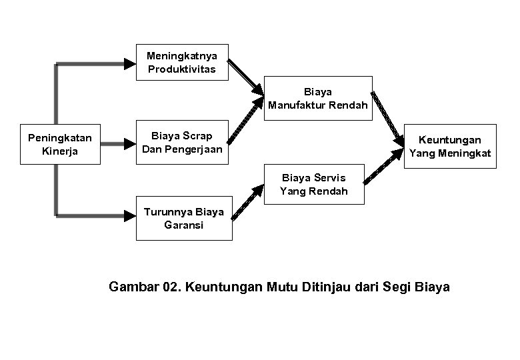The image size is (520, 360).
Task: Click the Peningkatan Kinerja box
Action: click(59, 144)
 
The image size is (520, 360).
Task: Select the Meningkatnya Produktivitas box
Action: click(181, 63)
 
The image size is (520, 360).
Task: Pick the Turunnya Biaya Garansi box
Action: click(184, 218)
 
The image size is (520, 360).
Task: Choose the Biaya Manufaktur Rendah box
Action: click(318, 98)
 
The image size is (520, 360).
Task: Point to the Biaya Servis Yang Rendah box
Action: click(314, 184)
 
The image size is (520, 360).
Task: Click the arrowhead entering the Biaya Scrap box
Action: click(131, 143)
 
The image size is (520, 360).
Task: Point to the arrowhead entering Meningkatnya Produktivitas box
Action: click(131, 63)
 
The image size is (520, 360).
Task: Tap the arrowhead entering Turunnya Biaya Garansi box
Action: click(131, 215)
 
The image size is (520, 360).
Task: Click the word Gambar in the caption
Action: click(132, 287)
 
